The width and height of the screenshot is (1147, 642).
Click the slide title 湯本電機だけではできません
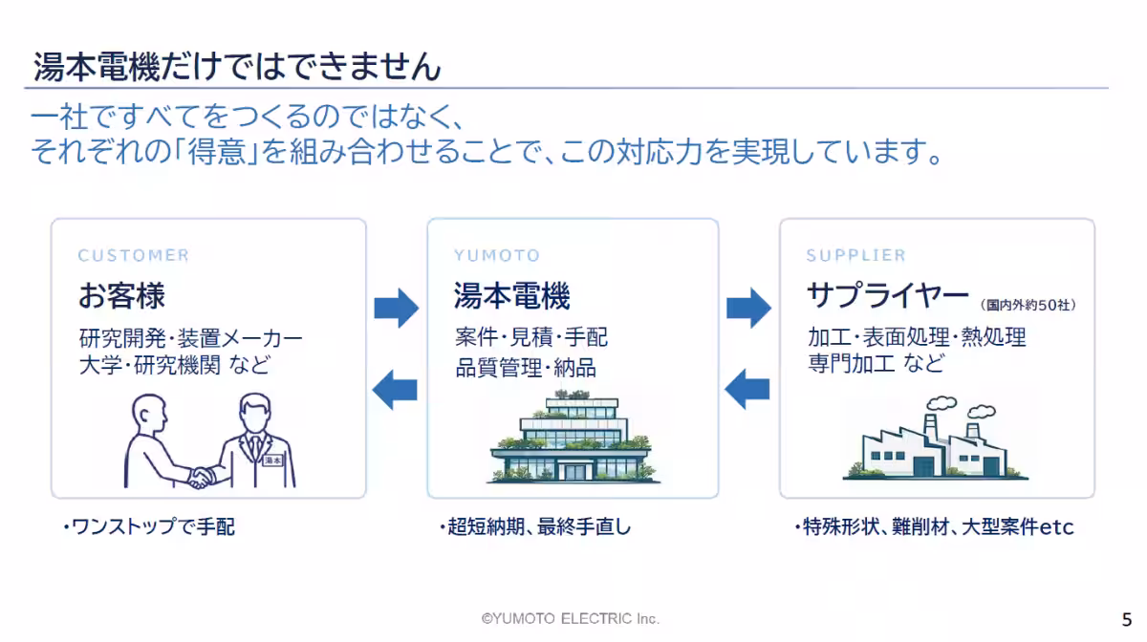(237, 67)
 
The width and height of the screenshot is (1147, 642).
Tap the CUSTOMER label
(134, 255)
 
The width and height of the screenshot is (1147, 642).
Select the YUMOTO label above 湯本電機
(497, 255)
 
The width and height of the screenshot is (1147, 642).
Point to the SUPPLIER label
(856, 255)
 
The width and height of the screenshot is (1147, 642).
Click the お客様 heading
(121, 295)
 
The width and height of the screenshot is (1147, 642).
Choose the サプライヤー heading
(887, 295)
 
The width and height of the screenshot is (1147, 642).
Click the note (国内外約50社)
(1028, 305)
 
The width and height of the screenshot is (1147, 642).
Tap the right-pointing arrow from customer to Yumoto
(397, 308)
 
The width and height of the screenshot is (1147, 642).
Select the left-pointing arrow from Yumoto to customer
(395, 390)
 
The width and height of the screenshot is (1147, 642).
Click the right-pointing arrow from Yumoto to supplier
(748, 308)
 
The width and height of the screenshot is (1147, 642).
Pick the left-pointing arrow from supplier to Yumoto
(747, 389)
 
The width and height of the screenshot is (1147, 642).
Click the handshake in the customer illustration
(202, 477)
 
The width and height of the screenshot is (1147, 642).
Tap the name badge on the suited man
(272, 460)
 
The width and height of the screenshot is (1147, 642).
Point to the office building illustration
(573, 437)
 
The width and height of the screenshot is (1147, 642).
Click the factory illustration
(935, 439)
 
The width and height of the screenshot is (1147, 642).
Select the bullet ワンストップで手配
(149, 526)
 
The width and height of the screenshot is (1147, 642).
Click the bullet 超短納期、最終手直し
(535, 526)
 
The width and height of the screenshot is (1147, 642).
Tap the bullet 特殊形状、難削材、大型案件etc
(934, 526)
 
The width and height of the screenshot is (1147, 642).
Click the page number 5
(1127, 619)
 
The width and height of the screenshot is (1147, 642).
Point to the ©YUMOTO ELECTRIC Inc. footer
(570, 618)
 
